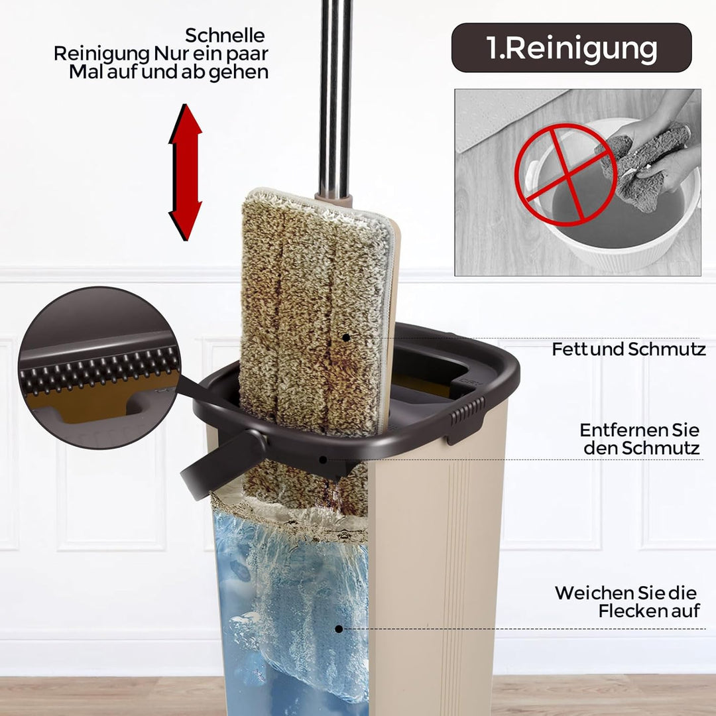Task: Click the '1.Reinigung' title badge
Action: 571,48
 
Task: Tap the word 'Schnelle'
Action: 225,35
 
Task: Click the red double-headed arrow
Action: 186,172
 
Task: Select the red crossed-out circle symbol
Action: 566,175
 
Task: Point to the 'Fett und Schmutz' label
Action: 628,349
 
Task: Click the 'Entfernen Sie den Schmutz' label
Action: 639,439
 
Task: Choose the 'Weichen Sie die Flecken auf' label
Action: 626,601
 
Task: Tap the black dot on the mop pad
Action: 346,337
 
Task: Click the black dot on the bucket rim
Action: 323,459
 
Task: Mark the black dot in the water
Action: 339,628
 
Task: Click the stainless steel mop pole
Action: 335,98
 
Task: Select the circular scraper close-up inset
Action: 99,367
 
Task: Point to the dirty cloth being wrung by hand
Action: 644,166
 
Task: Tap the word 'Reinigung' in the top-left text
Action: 101,54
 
